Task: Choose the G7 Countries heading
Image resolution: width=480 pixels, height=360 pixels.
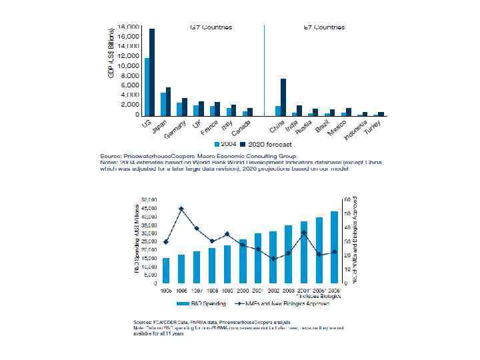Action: [x=212, y=27]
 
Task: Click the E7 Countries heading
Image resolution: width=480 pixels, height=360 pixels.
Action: [x=325, y=27]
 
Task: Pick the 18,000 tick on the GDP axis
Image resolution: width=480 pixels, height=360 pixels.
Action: [x=129, y=27]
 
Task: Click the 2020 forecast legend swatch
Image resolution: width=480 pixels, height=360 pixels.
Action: [x=244, y=144]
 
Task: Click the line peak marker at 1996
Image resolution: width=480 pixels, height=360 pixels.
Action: [x=181, y=209]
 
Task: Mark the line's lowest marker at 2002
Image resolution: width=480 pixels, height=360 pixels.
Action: [x=273, y=258]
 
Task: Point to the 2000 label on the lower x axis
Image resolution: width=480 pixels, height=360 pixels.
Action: [x=243, y=289]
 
